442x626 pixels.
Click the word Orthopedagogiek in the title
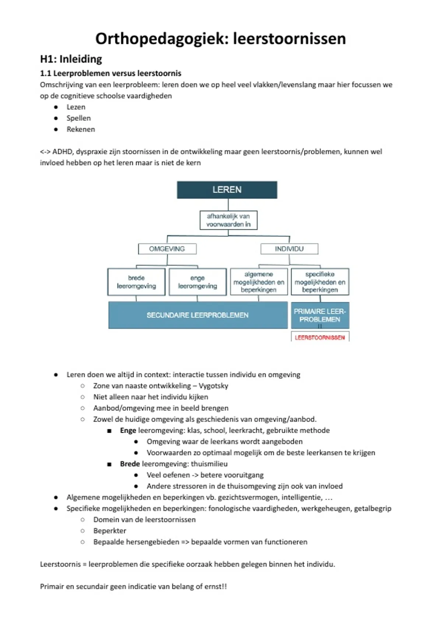click(162, 39)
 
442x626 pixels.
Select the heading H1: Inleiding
click(71, 59)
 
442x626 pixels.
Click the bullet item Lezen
click(76, 107)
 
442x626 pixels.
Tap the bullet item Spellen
click(78, 118)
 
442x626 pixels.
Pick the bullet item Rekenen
click(81, 129)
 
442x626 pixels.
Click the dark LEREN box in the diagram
click(227, 190)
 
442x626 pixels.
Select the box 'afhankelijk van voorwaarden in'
click(228, 220)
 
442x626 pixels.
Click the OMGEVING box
click(167, 249)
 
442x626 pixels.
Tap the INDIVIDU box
click(289, 249)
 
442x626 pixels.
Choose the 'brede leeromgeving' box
click(136, 282)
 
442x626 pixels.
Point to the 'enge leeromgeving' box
click(197, 282)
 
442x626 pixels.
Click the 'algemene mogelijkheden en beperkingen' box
click(259, 282)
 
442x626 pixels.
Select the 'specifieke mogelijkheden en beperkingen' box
click(320, 282)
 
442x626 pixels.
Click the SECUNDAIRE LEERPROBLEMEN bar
click(198, 315)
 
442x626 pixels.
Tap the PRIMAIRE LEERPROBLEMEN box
click(320, 315)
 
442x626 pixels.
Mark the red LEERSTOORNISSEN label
click(320, 337)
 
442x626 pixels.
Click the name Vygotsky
click(213, 386)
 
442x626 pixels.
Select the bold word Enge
click(128, 430)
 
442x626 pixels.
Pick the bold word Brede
click(130, 464)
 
